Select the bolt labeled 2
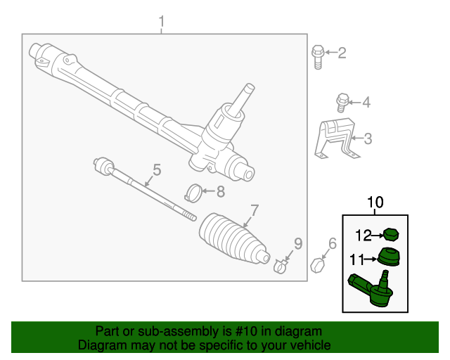pos(317,56)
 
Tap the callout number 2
pos(342,53)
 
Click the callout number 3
pos(367,139)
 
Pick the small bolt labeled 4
pos(342,103)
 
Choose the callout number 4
pos(366,103)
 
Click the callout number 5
pos(156,169)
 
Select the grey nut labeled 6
pos(318,266)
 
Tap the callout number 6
pos(333,244)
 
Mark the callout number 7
pos(255,210)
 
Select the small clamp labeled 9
pos(281,266)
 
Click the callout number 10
pos(375,204)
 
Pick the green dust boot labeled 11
pos(388,257)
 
